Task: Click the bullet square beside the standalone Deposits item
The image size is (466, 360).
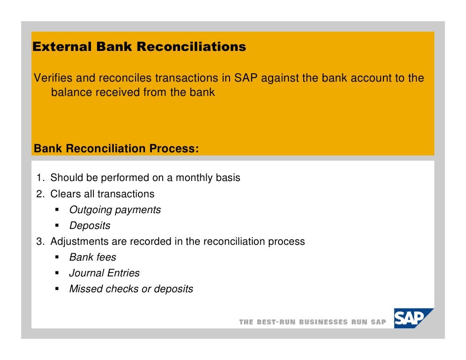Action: [57, 226]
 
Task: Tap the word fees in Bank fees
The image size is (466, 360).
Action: [106, 258]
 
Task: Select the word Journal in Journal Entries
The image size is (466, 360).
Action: [87, 273]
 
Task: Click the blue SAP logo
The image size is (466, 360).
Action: [413, 318]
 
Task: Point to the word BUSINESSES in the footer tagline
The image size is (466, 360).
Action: [324, 322]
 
